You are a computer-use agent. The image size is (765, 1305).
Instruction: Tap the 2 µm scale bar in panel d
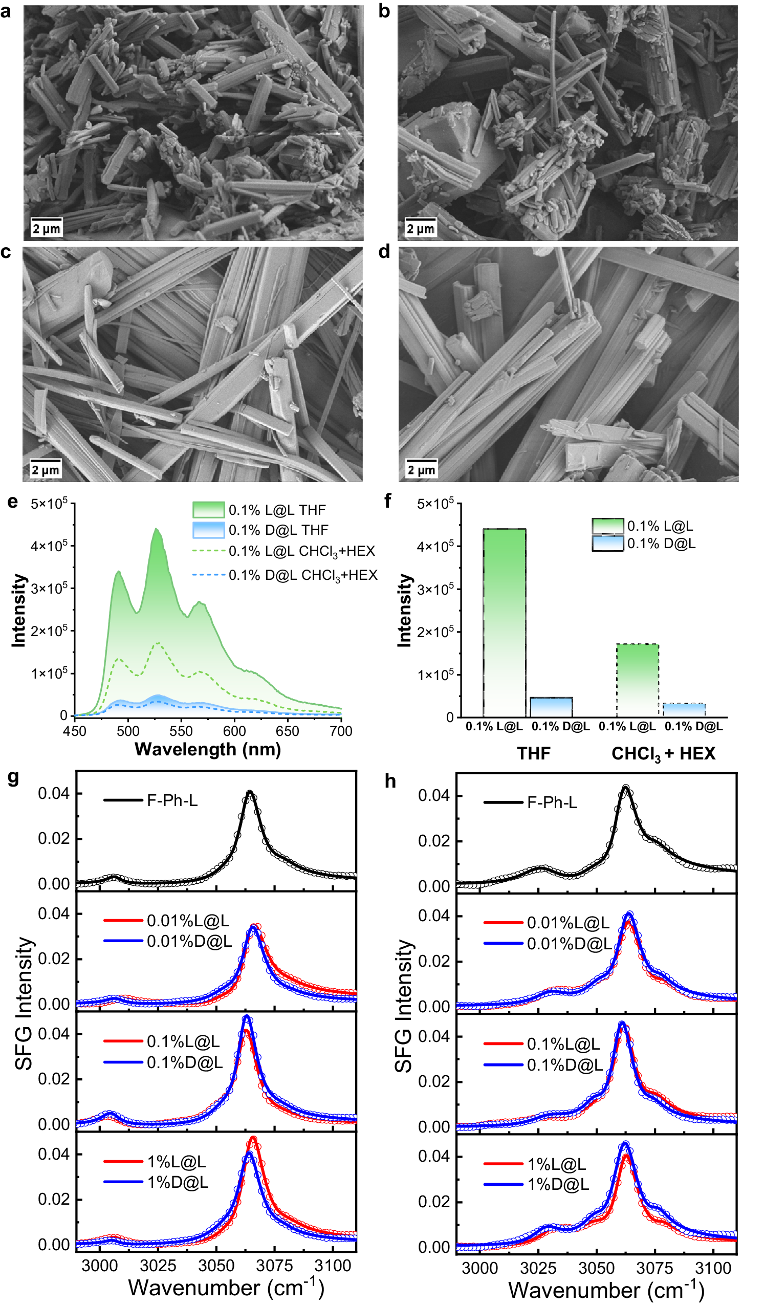[x=421, y=469]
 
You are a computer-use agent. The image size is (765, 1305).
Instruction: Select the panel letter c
[x=6, y=252]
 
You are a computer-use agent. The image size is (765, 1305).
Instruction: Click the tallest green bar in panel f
[x=504, y=621]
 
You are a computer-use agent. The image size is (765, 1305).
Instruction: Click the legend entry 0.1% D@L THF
[x=278, y=530]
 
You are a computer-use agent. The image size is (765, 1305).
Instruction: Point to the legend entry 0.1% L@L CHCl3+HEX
[x=301, y=551]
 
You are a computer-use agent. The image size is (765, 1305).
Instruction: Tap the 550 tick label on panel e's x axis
[x=181, y=731]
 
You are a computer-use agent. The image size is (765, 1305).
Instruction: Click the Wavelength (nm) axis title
[x=208, y=749]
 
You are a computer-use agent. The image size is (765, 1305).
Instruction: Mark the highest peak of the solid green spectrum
[x=157, y=529]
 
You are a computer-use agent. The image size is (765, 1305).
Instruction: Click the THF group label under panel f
[x=534, y=753]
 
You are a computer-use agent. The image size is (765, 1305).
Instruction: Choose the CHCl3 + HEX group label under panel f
[x=663, y=753]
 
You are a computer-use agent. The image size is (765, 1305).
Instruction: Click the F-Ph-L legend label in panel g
[x=172, y=800]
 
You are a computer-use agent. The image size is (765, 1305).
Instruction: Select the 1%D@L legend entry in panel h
[x=558, y=1184]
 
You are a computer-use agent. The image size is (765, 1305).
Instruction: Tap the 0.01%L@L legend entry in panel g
[x=187, y=921]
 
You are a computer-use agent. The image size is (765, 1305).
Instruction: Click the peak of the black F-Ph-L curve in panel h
[x=626, y=788]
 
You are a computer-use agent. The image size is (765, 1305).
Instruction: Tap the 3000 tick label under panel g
[x=99, y=1266]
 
